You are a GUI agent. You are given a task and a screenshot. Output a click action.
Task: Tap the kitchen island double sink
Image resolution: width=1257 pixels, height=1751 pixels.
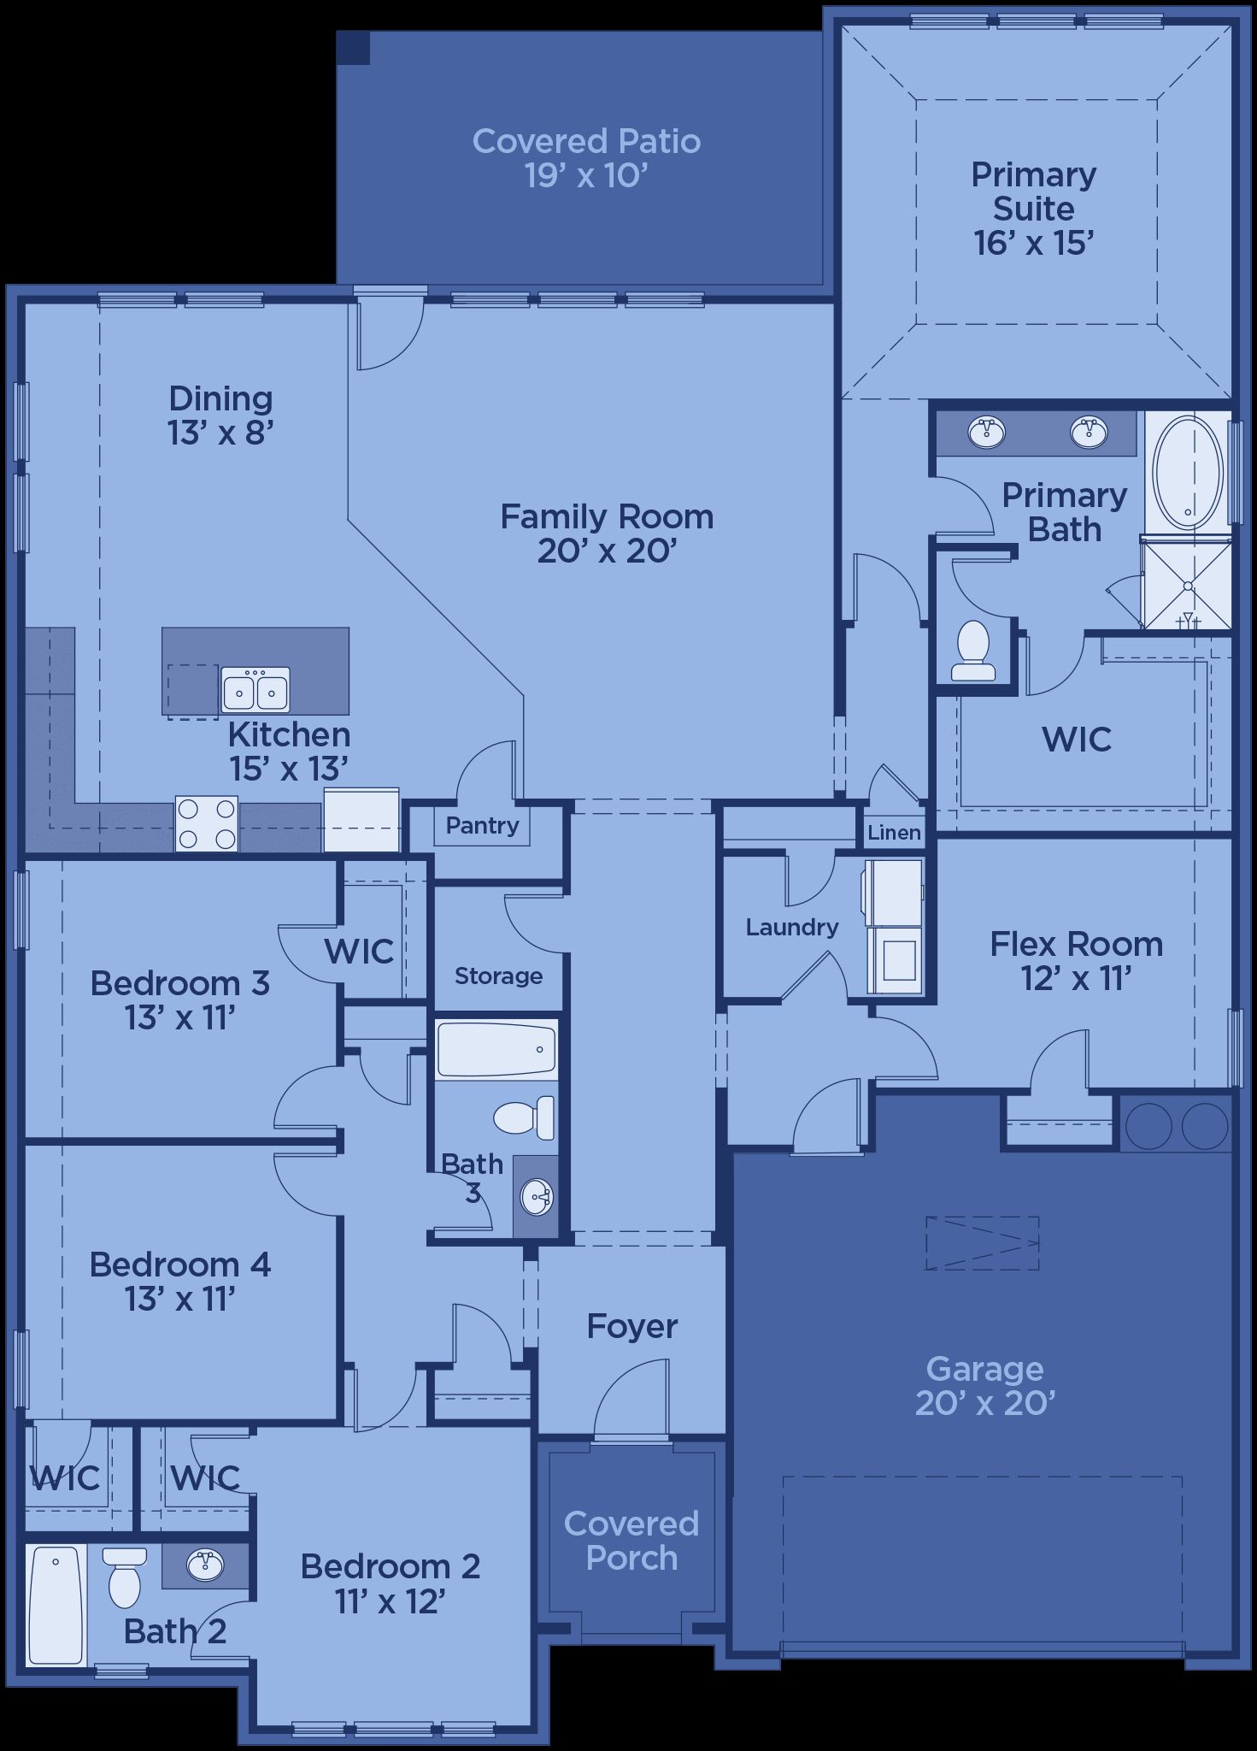tap(256, 689)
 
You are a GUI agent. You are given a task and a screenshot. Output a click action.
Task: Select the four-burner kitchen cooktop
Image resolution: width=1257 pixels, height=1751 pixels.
tap(207, 823)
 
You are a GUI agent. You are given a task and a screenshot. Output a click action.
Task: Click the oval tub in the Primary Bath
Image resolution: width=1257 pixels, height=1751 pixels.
tap(1188, 470)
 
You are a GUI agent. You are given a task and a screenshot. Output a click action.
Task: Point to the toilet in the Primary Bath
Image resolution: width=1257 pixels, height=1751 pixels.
tap(973, 650)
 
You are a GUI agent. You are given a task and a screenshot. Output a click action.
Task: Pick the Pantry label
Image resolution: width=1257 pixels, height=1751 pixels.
tap(483, 825)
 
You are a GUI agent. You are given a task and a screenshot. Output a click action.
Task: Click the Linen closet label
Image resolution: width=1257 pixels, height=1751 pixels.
tap(894, 832)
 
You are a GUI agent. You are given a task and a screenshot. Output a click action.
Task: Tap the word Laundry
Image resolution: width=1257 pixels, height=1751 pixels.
tap(791, 927)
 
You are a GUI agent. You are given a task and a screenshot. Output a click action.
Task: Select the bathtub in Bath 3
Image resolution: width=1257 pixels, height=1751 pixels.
tap(496, 1050)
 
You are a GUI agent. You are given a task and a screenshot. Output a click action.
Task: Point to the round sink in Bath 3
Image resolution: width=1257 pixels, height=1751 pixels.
tap(537, 1197)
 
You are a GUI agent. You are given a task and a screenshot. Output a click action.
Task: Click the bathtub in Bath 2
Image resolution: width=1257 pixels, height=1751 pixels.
tap(56, 1605)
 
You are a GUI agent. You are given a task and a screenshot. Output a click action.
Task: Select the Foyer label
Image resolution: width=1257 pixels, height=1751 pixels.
tap(632, 1326)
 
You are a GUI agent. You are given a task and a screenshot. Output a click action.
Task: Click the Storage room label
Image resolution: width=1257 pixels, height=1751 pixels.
tap(498, 976)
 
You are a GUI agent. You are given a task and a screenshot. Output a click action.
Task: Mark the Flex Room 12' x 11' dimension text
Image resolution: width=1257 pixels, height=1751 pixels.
tap(1077, 978)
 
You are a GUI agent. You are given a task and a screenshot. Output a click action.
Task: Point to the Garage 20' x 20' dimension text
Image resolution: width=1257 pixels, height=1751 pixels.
tap(985, 1403)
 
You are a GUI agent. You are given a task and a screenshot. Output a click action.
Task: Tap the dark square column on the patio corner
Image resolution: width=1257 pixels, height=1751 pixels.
tap(353, 48)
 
